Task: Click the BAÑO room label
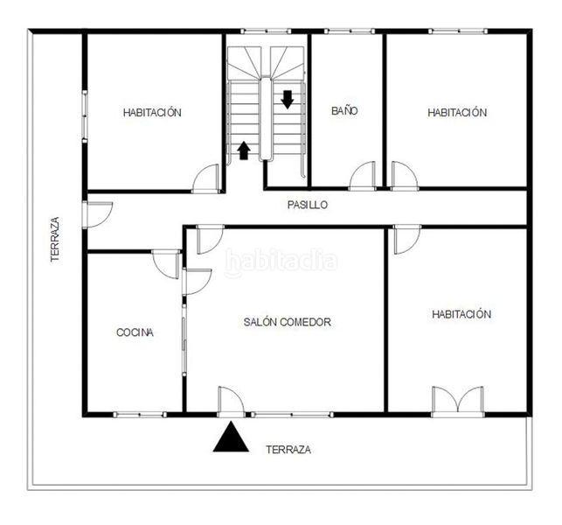coord(344,110)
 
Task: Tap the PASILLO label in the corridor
coord(308,205)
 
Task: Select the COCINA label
coord(135,332)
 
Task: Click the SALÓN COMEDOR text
coord(287,322)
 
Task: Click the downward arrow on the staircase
coord(287,100)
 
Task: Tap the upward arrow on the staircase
coord(244,150)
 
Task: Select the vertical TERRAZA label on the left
coord(55,239)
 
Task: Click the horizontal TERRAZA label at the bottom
coord(288,450)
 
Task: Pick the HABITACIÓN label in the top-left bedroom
coord(152,112)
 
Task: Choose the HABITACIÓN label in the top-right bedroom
coord(457,112)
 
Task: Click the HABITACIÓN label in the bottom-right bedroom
coord(461,314)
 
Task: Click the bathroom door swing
coord(362,176)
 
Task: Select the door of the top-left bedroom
coord(205,178)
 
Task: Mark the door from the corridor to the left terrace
coord(98,214)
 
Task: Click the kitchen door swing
coord(166,264)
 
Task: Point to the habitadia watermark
coord(281,261)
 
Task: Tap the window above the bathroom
coord(350,31)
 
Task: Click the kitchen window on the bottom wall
coord(140,415)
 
